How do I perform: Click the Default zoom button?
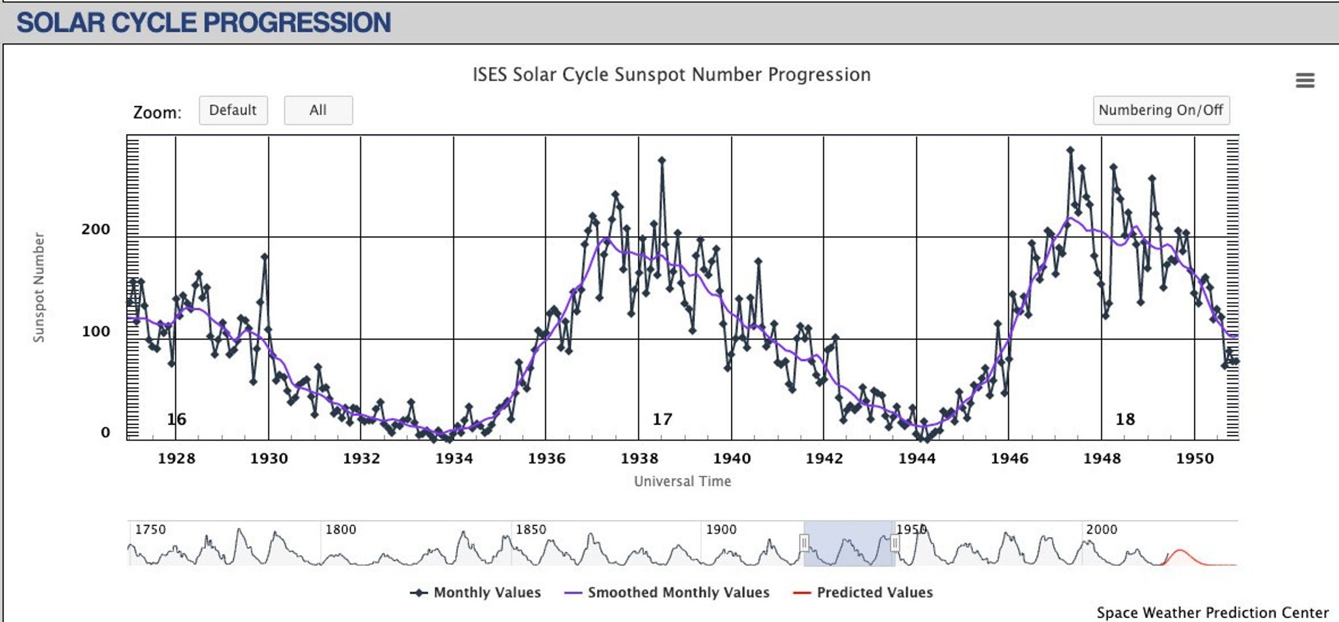(233, 110)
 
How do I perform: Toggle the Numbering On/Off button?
(1161, 110)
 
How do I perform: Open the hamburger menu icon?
(1304, 80)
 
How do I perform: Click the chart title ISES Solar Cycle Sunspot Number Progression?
(671, 75)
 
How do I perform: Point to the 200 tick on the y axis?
(95, 230)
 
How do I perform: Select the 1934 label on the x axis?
(454, 458)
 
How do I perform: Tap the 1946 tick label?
(1009, 458)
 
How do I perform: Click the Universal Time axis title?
(682, 481)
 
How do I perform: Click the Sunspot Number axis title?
(39, 287)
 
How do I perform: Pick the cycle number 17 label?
(662, 419)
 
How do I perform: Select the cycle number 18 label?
(1125, 419)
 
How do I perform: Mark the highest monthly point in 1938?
(662, 160)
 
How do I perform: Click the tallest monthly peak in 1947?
(1070, 150)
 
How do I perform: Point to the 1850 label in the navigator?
(530, 529)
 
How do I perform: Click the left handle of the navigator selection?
(804, 543)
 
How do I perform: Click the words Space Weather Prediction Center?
(1212, 613)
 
